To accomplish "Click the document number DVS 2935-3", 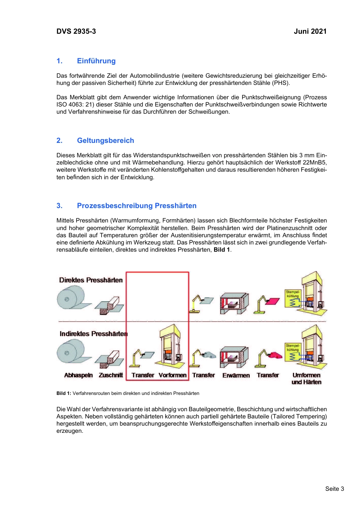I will click(76, 31).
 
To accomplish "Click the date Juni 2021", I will click(310, 31).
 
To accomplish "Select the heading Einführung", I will click(96, 61).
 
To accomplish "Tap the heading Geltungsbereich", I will click(105, 141).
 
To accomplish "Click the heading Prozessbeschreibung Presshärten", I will click(136, 206).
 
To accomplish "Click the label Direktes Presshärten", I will click(91, 280).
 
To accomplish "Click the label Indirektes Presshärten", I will click(94, 334).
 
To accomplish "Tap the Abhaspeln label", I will click(78, 375).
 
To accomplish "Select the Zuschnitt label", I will click(111, 375).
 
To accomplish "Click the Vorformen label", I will click(172, 375).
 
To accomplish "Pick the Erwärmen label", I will click(236, 375).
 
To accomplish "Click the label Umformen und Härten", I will click(306, 379).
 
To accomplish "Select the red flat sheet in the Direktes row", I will click(272, 302).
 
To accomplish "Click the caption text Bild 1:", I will click(64, 393).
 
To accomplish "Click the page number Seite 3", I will click(334, 489).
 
